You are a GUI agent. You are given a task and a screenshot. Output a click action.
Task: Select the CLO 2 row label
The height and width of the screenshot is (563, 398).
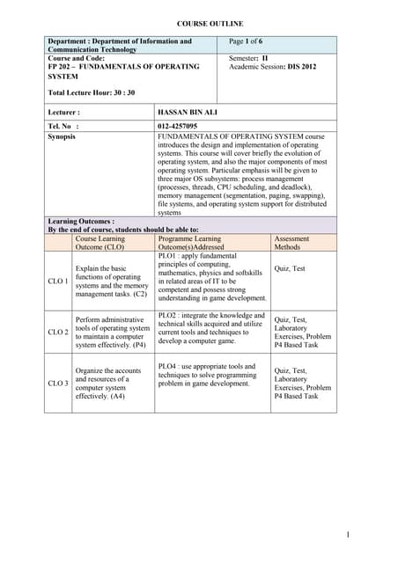pos(58,332)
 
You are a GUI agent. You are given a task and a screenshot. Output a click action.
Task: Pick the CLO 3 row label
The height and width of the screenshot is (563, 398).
pos(58,383)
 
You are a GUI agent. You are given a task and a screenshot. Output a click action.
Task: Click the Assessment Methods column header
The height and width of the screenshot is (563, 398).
pos(293,243)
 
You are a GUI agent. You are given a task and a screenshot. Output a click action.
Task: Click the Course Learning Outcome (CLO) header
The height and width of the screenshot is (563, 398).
pos(100,243)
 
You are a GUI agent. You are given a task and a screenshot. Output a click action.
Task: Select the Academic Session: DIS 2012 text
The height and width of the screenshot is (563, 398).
pos(272,67)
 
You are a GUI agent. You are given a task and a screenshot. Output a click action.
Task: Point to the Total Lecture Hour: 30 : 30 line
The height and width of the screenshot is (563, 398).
pos(92,92)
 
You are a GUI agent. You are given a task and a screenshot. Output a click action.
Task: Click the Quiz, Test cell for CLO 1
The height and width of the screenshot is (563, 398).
pos(291,268)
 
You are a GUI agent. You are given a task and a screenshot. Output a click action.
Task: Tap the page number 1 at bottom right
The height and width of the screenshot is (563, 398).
pos(348,534)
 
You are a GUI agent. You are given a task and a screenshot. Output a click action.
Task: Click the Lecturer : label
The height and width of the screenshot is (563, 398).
pos(64,113)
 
